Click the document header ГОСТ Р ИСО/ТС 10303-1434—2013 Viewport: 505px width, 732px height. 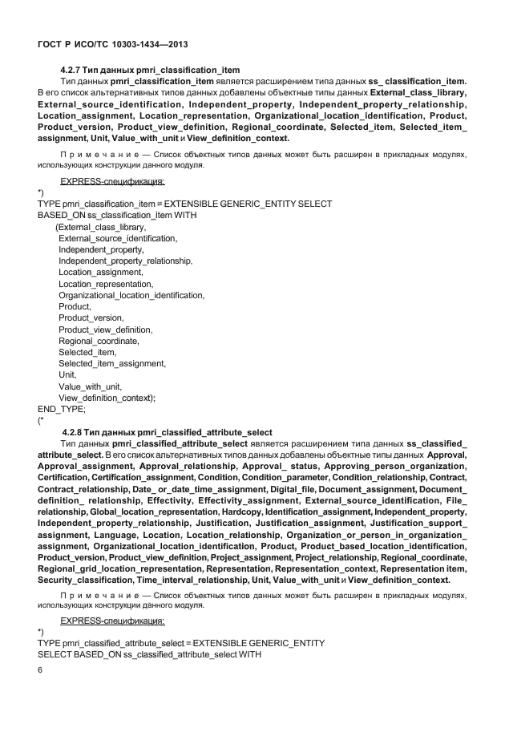pos(113,45)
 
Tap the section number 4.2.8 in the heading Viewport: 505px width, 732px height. pos(74,433)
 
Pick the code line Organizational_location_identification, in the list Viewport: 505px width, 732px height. pos(131,295)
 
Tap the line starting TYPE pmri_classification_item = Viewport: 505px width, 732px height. pos(184,204)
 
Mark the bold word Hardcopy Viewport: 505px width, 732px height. pos(241,512)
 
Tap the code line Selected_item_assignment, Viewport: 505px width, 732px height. pos(112,363)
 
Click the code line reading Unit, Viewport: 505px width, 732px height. pos(67,374)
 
